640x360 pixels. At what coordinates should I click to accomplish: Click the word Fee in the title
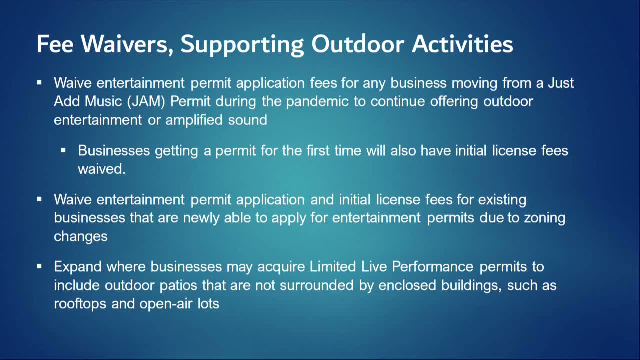click(55, 44)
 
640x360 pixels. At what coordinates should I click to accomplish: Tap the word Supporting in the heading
click(242, 45)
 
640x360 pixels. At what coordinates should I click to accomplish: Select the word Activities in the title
click(463, 44)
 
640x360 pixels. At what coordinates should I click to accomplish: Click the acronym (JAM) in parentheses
click(146, 101)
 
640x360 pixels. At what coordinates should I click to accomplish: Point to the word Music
click(103, 101)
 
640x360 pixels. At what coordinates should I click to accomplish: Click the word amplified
click(194, 120)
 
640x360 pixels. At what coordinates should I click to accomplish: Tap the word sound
click(247, 120)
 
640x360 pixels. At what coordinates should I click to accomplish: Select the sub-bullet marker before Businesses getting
click(63, 150)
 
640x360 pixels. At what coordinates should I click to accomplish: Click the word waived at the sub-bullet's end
click(102, 169)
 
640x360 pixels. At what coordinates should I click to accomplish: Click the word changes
click(81, 237)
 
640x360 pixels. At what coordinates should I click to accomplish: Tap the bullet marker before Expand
click(39, 266)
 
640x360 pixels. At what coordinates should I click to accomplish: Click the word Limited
click(333, 267)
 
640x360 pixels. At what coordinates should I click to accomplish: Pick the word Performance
click(432, 267)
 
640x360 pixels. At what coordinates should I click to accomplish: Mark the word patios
click(178, 286)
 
